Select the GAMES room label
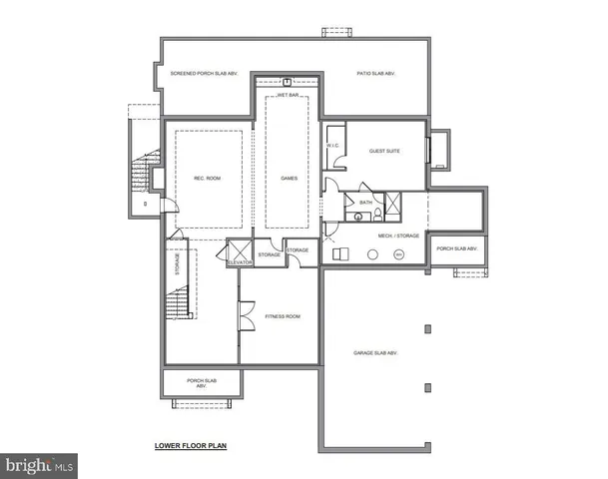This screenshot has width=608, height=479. (290, 180)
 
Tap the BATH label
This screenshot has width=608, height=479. (366, 202)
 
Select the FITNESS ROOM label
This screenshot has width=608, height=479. (283, 316)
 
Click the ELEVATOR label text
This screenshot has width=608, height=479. (240, 263)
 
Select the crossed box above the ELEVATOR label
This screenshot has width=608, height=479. (240, 249)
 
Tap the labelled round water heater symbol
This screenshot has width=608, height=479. (398, 254)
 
